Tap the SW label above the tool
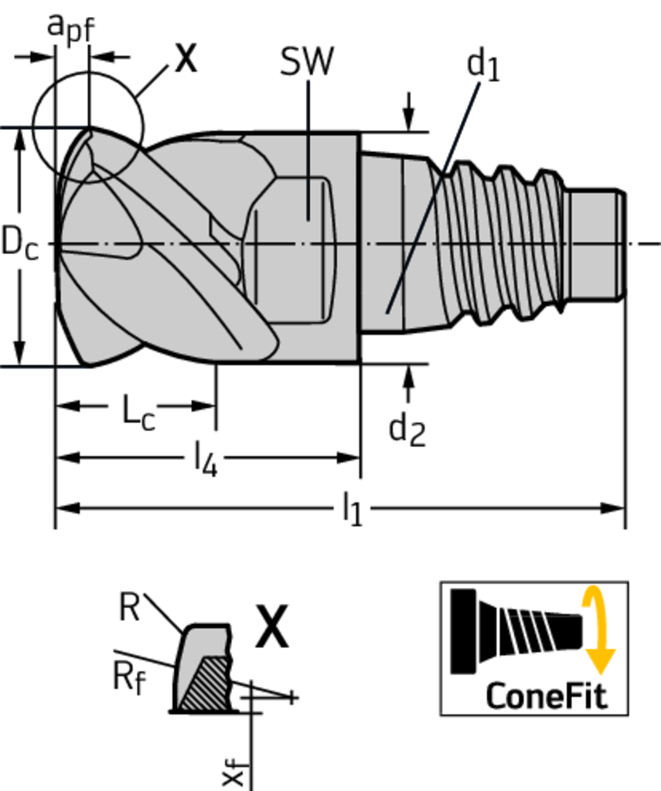pyautogui.click(x=307, y=62)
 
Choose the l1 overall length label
pyautogui.click(x=352, y=511)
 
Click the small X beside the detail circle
pyautogui.click(x=185, y=58)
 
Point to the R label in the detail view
pyautogui.click(x=129, y=608)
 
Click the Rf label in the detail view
pyautogui.click(x=128, y=677)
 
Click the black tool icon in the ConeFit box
pyautogui.click(x=514, y=630)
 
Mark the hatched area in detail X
pyautogui.click(x=206, y=684)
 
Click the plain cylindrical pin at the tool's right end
pyautogui.click(x=595, y=243)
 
